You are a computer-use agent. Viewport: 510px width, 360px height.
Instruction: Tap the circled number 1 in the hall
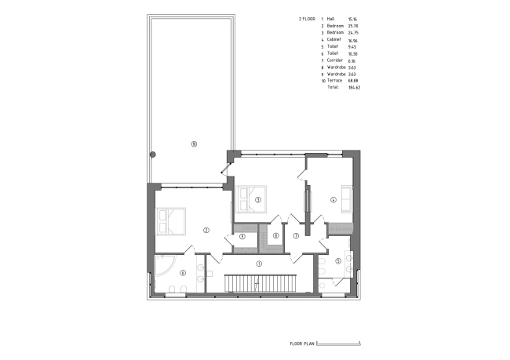click(257, 263)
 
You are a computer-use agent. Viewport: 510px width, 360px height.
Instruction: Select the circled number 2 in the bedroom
click(206, 230)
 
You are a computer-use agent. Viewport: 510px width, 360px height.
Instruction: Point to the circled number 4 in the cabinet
click(333, 199)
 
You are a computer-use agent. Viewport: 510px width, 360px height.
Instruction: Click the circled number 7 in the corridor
click(296, 235)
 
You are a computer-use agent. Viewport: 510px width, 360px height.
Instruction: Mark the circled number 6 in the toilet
click(183, 273)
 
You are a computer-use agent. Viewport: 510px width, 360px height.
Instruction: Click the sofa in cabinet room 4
click(347, 199)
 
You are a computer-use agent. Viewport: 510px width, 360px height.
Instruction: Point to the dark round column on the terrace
click(154, 154)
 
